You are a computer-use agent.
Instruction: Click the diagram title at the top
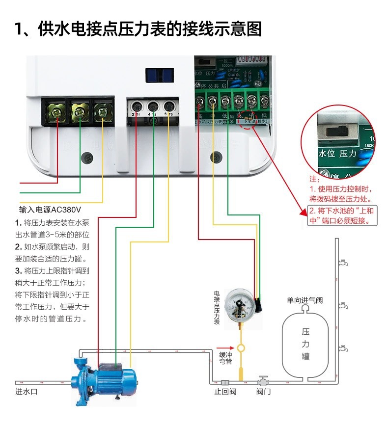pyautogui.click(x=138, y=28)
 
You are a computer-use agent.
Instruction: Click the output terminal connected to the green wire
pyautogui.click(x=153, y=106)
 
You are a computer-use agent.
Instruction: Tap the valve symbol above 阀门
pyautogui.click(x=263, y=381)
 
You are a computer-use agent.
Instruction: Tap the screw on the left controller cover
pyautogui.click(x=87, y=158)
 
